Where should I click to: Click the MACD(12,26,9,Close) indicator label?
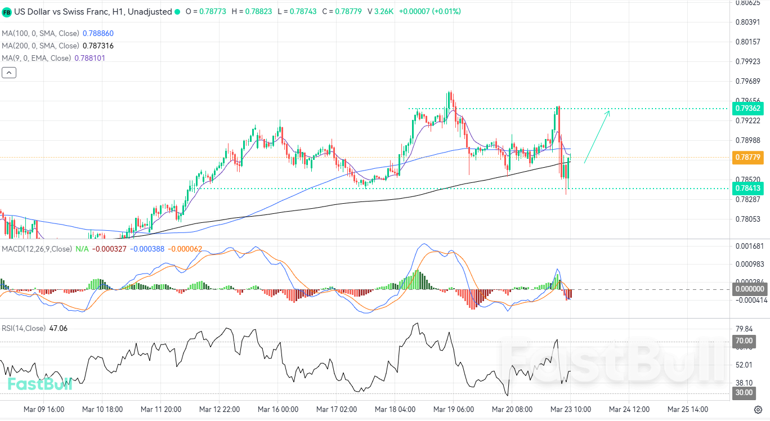37,249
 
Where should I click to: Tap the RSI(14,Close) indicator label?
24,328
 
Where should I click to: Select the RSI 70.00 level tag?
744,341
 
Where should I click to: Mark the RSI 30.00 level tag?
744,392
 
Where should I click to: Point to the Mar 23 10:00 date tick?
570,409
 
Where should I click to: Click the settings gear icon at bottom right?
758,409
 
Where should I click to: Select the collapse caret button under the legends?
9,72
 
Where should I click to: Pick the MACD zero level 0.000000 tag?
751,289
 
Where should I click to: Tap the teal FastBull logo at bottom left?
39,384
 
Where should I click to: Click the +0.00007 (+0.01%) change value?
429,11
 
